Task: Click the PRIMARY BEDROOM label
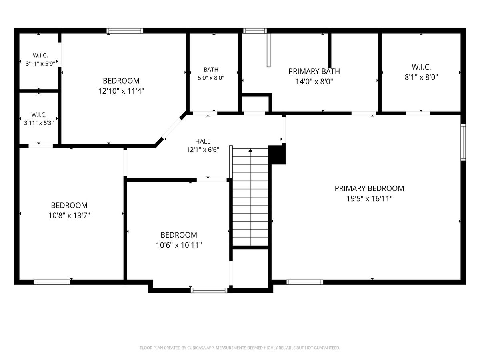click(369, 188)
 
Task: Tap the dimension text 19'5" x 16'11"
click(369, 199)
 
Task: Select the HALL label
click(203, 141)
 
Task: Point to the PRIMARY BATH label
click(314, 71)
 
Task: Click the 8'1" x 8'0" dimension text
click(421, 77)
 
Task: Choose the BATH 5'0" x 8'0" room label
click(211, 74)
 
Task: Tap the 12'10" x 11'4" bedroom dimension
click(121, 91)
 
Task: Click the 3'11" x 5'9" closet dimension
click(40, 64)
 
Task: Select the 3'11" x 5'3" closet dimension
click(39, 123)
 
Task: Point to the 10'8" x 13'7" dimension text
click(69, 216)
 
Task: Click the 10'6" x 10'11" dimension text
click(179, 245)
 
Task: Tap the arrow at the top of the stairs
click(250, 150)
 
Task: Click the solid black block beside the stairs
click(277, 154)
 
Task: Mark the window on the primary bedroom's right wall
click(463, 142)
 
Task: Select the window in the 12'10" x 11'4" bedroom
click(125, 31)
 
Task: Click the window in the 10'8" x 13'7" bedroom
click(52, 282)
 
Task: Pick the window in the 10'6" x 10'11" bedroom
click(209, 290)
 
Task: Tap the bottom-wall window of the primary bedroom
click(305, 282)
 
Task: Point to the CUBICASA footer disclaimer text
click(240, 348)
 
